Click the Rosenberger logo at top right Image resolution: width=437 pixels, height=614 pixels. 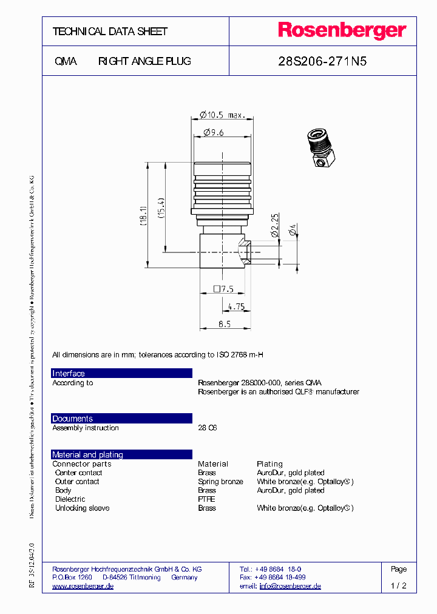click(x=342, y=31)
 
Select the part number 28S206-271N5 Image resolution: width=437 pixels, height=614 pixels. click(x=322, y=61)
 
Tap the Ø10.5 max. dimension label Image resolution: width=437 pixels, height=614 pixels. click(x=222, y=115)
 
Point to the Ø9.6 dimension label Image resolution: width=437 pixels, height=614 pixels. click(x=214, y=132)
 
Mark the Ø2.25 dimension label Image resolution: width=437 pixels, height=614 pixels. click(x=274, y=224)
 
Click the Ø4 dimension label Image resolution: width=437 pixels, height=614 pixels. click(x=293, y=229)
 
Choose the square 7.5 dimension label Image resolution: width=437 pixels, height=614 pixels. click(x=223, y=289)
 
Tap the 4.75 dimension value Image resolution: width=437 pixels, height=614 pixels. click(x=235, y=307)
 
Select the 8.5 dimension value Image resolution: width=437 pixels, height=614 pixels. click(x=225, y=325)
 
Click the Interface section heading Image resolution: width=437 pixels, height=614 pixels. click(x=69, y=374)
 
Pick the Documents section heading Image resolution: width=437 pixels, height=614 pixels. click(x=73, y=419)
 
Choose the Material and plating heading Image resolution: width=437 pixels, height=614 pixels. click(x=87, y=454)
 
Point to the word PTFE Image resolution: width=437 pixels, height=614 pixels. click(x=206, y=499)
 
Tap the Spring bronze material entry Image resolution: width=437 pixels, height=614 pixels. click(x=220, y=482)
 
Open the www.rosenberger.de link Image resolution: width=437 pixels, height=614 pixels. click(x=83, y=586)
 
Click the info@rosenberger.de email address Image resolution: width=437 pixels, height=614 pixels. click(x=290, y=586)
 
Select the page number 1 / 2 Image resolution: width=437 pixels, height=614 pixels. click(x=399, y=586)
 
